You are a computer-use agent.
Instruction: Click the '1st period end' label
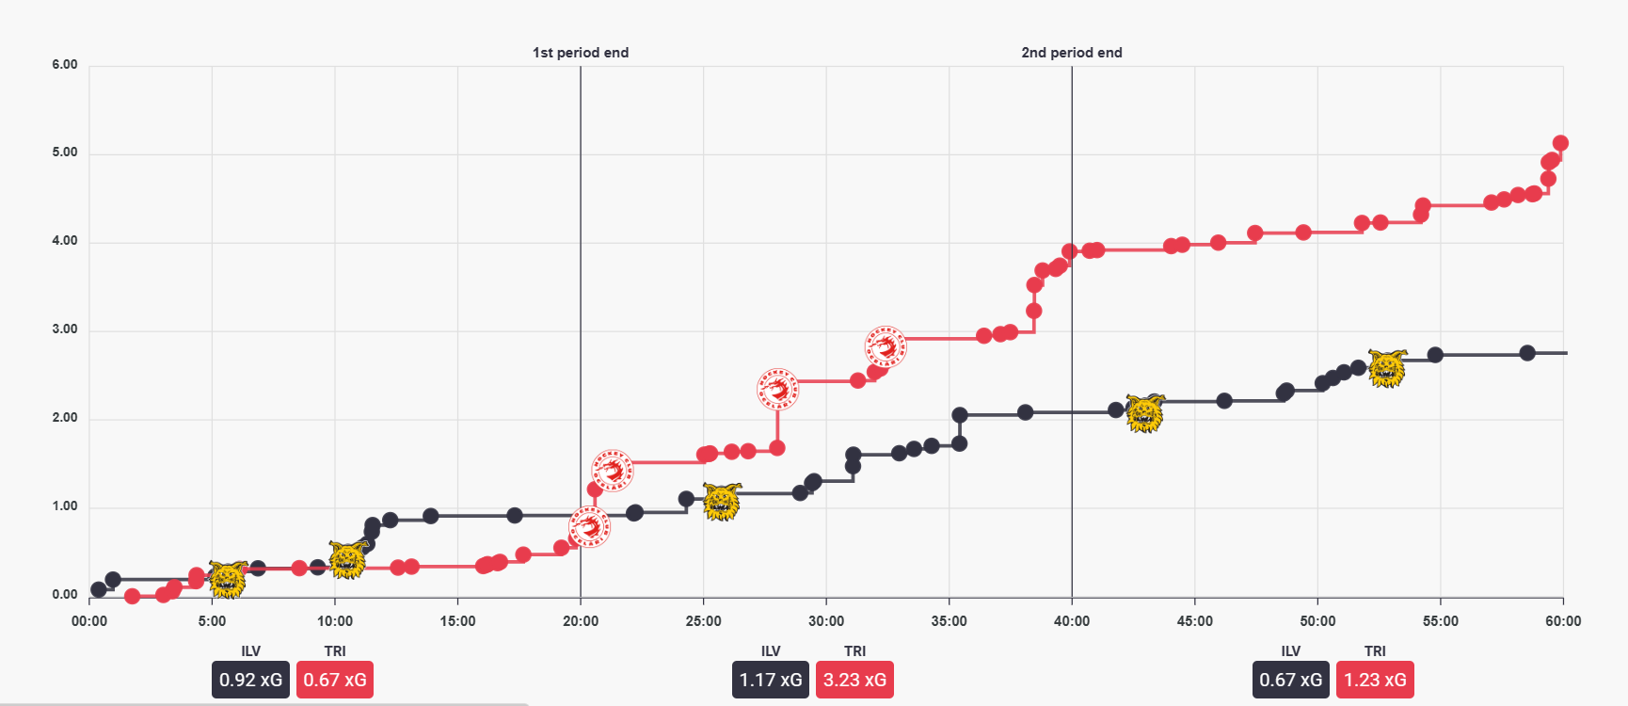click(581, 53)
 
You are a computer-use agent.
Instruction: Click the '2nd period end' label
click(1072, 53)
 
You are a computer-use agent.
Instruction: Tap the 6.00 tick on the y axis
click(65, 65)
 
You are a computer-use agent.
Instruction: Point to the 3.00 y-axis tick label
click(65, 329)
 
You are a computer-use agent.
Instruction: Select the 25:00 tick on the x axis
click(704, 621)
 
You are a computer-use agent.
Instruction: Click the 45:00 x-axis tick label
click(1195, 621)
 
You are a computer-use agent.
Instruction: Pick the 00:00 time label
click(89, 621)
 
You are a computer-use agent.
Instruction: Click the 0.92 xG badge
click(250, 680)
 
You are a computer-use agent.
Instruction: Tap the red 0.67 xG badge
click(335, 680)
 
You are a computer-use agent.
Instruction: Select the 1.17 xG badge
click(771, 680)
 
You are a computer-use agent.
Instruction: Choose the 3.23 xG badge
click(854, 680)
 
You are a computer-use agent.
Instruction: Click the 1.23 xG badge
click(1375, 680)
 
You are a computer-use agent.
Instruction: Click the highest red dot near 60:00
click(1560, 143)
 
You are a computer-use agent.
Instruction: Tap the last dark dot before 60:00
click(1527, 353)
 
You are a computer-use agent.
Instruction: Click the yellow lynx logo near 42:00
click(1145, 413)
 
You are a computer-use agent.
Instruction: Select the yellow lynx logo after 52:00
click(1387, 368)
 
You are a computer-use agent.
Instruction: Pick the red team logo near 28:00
click(777, 389)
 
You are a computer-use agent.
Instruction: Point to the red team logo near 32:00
click(885, 346)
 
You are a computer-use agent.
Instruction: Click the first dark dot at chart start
click(99, 590)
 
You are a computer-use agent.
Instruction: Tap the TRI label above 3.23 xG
click(854, 651)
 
